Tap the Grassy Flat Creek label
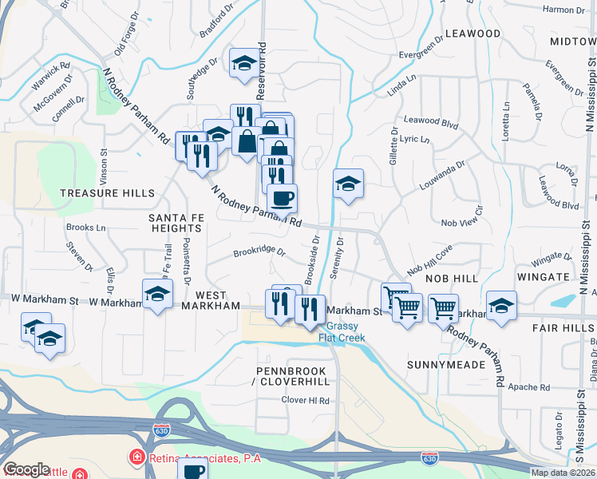(x=341, y=331)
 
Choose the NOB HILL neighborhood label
(x=451, y=279)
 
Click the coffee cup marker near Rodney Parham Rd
(x=283, y=197)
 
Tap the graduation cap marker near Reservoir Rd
(x=244, y=63)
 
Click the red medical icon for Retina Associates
(x=136, y=459)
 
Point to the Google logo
(x=26, y=469)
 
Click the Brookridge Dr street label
(x=259, y=251)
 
